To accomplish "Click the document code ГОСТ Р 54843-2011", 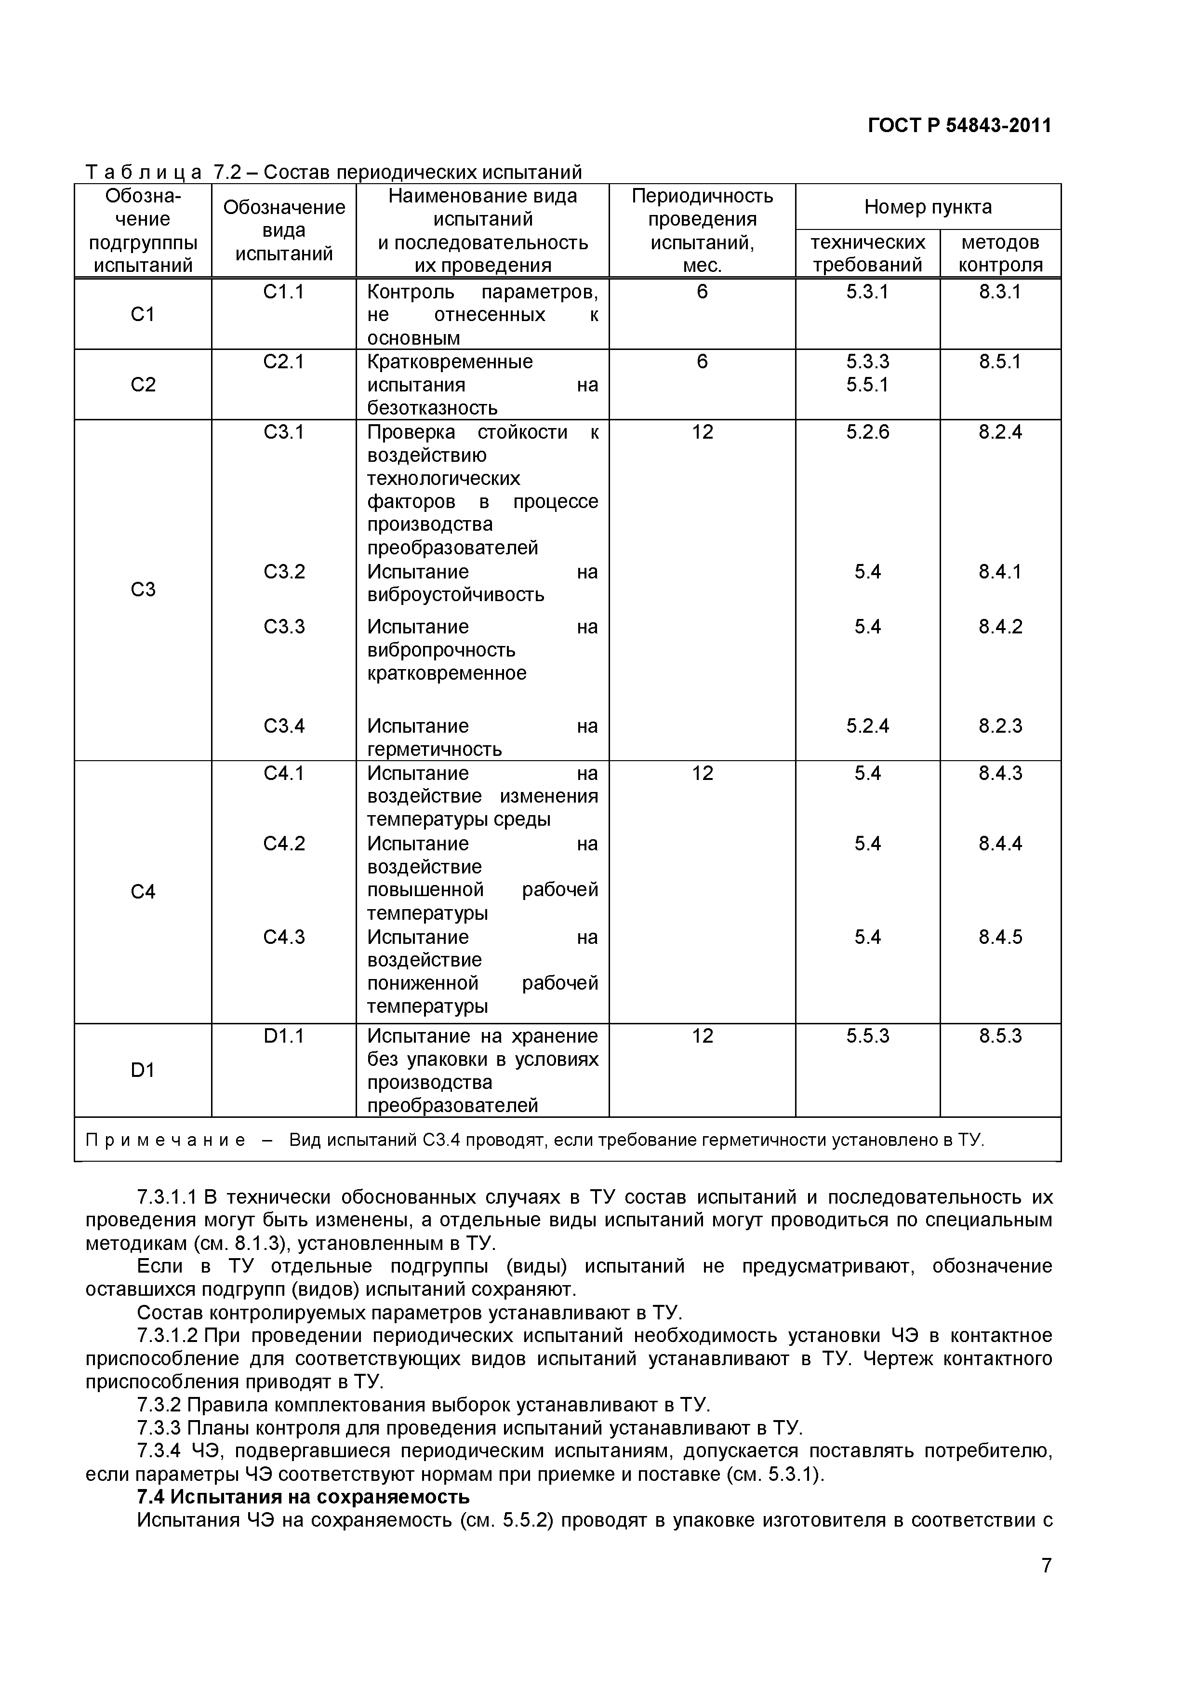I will (959, 126).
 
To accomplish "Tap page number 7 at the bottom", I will (1046, 1586).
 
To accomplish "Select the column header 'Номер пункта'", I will (927, 207).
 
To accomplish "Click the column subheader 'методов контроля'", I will (1000, 254).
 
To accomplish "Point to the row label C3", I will (143, 589).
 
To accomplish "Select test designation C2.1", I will (283, 362).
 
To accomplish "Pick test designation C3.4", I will (283, 726).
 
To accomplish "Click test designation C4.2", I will (283, 843).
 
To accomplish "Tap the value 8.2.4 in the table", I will (1000, 431).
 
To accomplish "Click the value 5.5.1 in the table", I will (867, 385).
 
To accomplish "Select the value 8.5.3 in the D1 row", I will (1000, 1036).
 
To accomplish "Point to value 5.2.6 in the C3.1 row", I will (867, 431).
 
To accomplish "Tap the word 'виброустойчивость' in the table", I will (456, 595).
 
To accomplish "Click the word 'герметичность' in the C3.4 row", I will (435, 750).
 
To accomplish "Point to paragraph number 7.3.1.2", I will (167, 1335).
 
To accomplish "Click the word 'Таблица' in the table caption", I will (144, 173).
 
